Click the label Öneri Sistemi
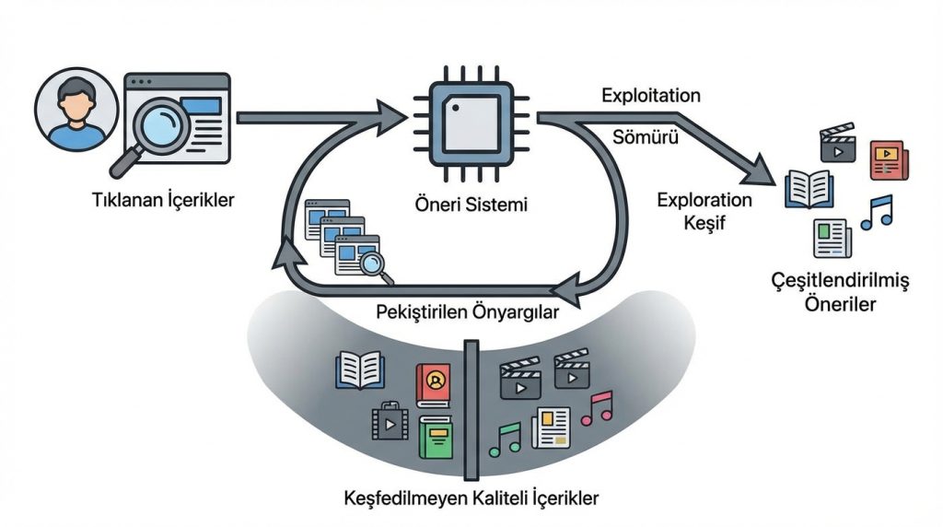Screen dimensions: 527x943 [471, 205]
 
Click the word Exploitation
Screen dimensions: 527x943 [650, 96]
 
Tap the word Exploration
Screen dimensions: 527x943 [704, 200]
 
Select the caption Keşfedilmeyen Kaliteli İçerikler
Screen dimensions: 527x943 [469, 498]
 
